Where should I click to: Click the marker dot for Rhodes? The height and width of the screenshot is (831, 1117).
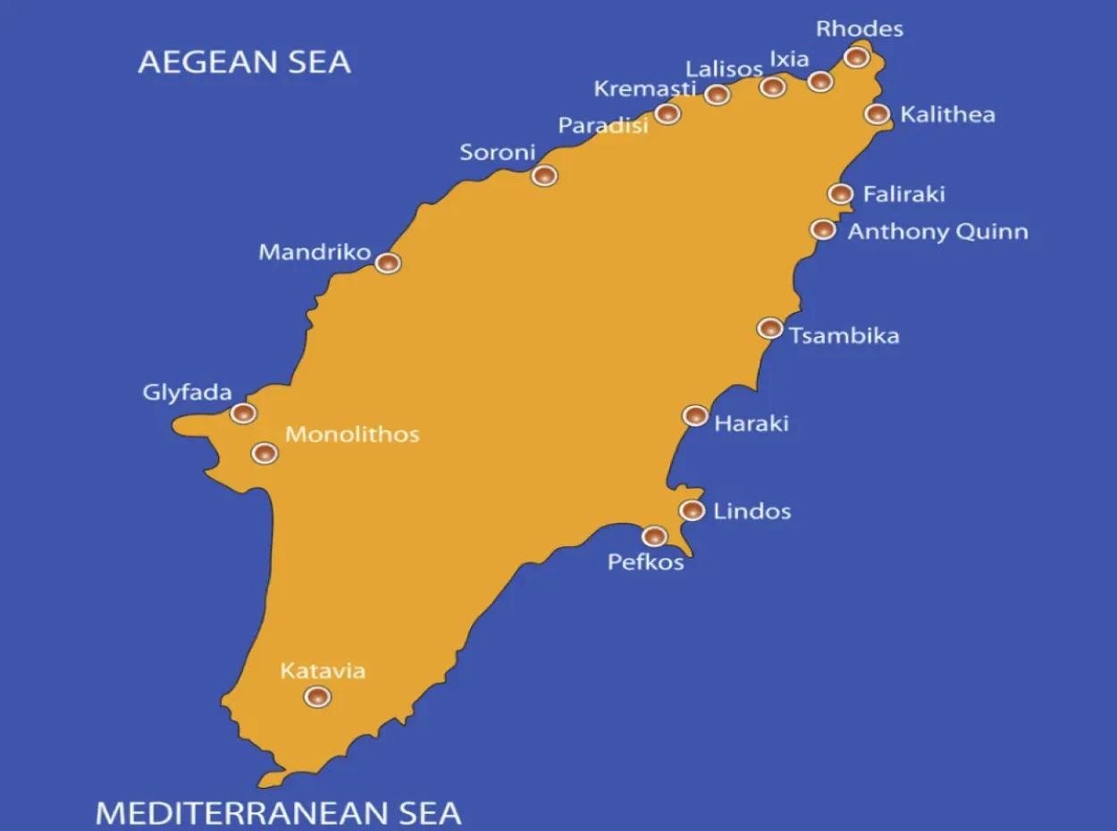click(x=856, y=57)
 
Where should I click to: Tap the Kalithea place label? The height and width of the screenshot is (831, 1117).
click(x=947, y=114)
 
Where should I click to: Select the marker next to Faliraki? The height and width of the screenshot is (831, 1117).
click(x=840, y=193)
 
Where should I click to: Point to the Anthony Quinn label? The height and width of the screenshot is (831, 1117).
click(x=937, y=231)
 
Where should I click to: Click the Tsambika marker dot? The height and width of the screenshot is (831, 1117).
click(x=769, y=328)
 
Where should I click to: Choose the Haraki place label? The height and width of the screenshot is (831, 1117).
click(x=752, y=423)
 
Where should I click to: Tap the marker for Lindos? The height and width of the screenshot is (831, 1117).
click(x=691, y=510)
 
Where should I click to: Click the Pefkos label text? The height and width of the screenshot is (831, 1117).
click(x=645, y=562)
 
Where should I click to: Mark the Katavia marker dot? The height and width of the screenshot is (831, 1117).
click(x=316, y=696)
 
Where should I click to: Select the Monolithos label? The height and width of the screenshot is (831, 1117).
click(x=352, y=434)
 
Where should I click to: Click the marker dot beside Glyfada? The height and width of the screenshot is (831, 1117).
click(x=243, y=413)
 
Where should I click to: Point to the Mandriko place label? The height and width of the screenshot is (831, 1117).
click(x=315, y=252)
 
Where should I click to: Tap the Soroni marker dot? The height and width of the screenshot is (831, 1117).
click(x=544, y=175)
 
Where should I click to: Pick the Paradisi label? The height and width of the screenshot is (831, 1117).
click(x=603, y=126)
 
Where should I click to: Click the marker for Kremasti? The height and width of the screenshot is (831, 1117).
click(x=667, y=113)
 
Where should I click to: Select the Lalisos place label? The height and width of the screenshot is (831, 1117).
click(x=724, y=69)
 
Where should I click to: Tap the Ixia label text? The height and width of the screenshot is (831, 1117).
click(x=789, y=59)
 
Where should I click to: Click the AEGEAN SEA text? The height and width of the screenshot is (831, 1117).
click(x=244, y=63)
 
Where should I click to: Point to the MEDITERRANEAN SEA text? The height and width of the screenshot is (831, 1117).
click(x=278, y=812)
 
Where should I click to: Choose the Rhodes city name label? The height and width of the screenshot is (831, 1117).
click(x=860, y=29)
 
